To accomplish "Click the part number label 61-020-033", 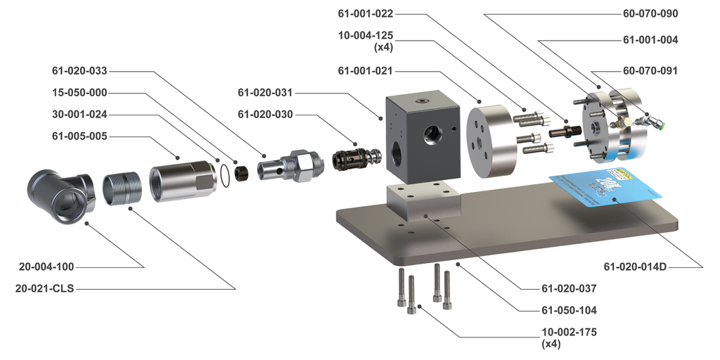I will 79,70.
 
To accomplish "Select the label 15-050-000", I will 79,93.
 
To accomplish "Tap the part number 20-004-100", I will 46,266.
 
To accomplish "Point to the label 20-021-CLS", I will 45,288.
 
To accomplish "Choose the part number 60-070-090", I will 650,13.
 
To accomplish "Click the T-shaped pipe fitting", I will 59,194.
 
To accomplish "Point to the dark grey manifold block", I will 418,141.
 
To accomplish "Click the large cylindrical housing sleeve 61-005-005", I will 181,181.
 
